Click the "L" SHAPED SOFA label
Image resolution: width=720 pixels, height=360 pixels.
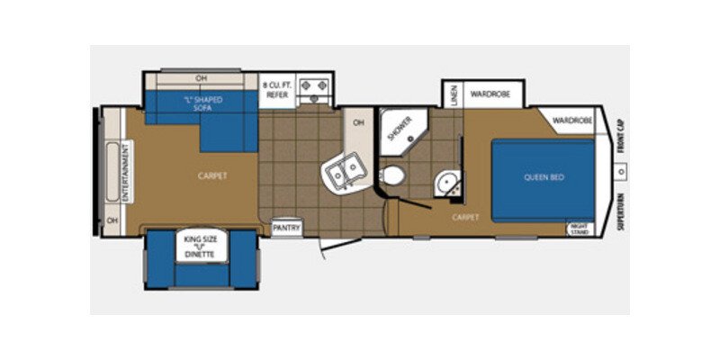click(x=202, y=103)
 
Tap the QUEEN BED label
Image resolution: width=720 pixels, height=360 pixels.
click(x=544, y=177)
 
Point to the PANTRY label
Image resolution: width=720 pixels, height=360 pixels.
click(x=286, y=228)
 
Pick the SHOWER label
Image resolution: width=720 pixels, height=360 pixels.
click(x=399, y=129)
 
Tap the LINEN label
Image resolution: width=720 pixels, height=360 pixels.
click(x=454, y=94)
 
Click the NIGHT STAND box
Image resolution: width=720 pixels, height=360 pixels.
click(x=580, y=229)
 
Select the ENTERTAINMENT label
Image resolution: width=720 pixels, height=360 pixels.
click(x=127, y=171)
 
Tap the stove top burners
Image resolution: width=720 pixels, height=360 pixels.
click(x=316, y=88)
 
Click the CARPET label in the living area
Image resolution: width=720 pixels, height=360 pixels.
click(x=212, y=176)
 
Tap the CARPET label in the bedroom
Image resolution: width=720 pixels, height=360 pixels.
click(x=466, y=217)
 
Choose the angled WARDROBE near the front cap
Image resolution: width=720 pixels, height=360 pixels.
click(x=572, y=120)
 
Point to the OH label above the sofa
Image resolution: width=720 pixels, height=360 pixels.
click(x=201, y=77)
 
